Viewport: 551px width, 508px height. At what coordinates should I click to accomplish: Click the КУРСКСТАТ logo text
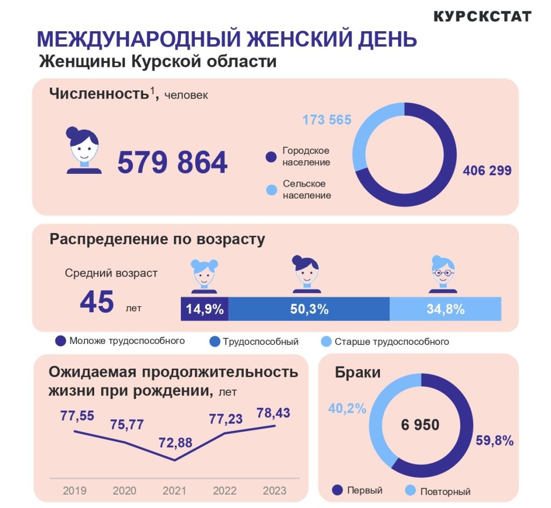(482, 16)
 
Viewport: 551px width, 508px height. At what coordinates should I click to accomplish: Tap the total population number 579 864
(172, 163)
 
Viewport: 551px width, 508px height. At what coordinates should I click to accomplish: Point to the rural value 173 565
(327, 119)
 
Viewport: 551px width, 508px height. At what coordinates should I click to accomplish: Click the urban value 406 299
(487, 171)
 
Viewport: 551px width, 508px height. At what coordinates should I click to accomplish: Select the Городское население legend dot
(271, 157)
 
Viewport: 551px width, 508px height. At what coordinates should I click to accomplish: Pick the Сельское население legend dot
(271, 189)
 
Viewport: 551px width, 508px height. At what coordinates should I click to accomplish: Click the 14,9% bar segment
(204, 309)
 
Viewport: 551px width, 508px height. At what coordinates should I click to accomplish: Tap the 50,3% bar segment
(309, 309)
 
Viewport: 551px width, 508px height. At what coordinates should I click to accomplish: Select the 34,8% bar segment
(445, 309)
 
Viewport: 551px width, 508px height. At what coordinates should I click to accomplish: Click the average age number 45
(97, 302)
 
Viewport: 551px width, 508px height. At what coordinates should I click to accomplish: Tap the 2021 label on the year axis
(173, 491)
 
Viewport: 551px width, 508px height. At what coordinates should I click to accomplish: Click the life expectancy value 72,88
(175, 443)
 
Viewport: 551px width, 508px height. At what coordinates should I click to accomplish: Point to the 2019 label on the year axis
(74, 491)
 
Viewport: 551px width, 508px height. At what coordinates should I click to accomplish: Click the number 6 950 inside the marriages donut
(420, 425)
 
